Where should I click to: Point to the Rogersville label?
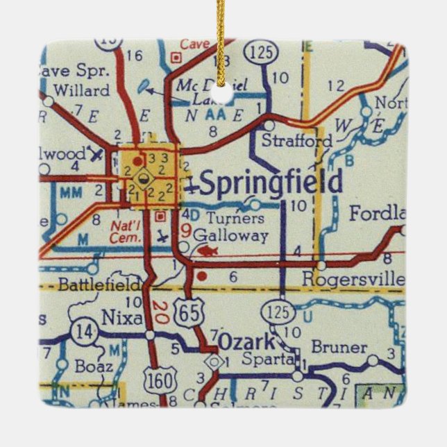(353, 278)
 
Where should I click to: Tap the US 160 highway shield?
(157, 380)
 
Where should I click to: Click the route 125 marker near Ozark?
(278, 312)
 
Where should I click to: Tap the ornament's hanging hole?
(223, 92)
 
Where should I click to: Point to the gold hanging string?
(221, 35)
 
